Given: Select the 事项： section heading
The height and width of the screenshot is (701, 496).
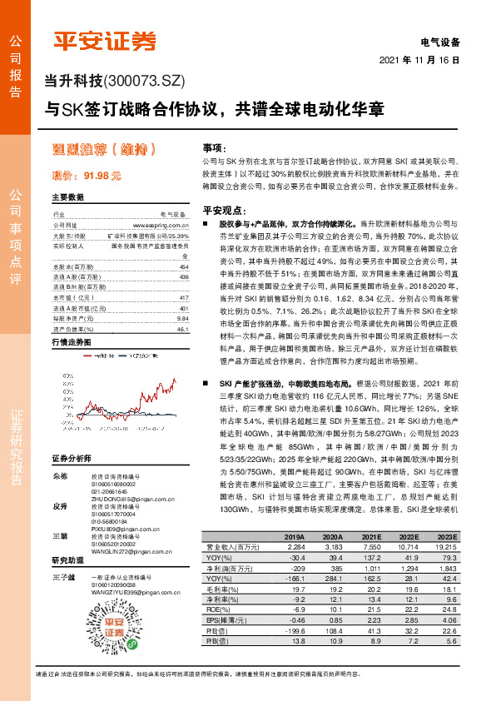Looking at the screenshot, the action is click(215, 145).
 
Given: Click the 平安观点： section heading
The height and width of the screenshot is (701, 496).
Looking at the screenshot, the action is click(221, 211).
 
